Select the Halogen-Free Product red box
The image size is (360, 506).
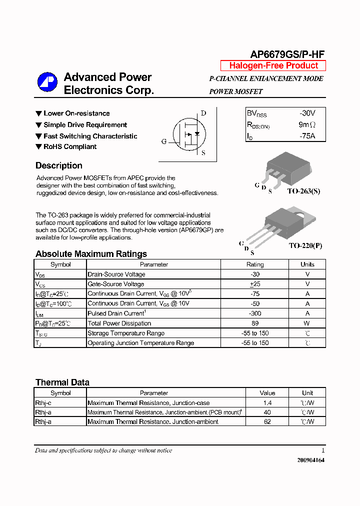pyautogui.click(x=273, y=65)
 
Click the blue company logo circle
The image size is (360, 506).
pyautogui.click(x=48, y=83)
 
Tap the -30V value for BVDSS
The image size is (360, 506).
pyautogui.click(x=307, y=113)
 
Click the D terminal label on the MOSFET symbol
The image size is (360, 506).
pyautogui.click(x=203, y=113)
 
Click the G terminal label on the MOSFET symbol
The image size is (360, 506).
pyautogui.click(x=163, y=141)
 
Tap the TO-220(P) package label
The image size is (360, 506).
pyautogui.click(x=305, y=246)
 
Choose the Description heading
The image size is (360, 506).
pyautogui.click(x=58, y=165)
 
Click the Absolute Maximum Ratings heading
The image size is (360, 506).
pyautogui.click(x=91, y=254)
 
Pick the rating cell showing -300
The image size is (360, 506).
pyautogui.click(x=255, y=313)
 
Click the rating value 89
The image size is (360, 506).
pyautogui.click(x=255, y=323)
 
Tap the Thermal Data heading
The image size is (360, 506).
pyautogui.click(x=62, y=382)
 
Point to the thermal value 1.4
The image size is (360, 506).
pyautogui.click(x=267, y=403)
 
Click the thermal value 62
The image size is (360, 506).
pyautogui.click(x=267, y=422)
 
